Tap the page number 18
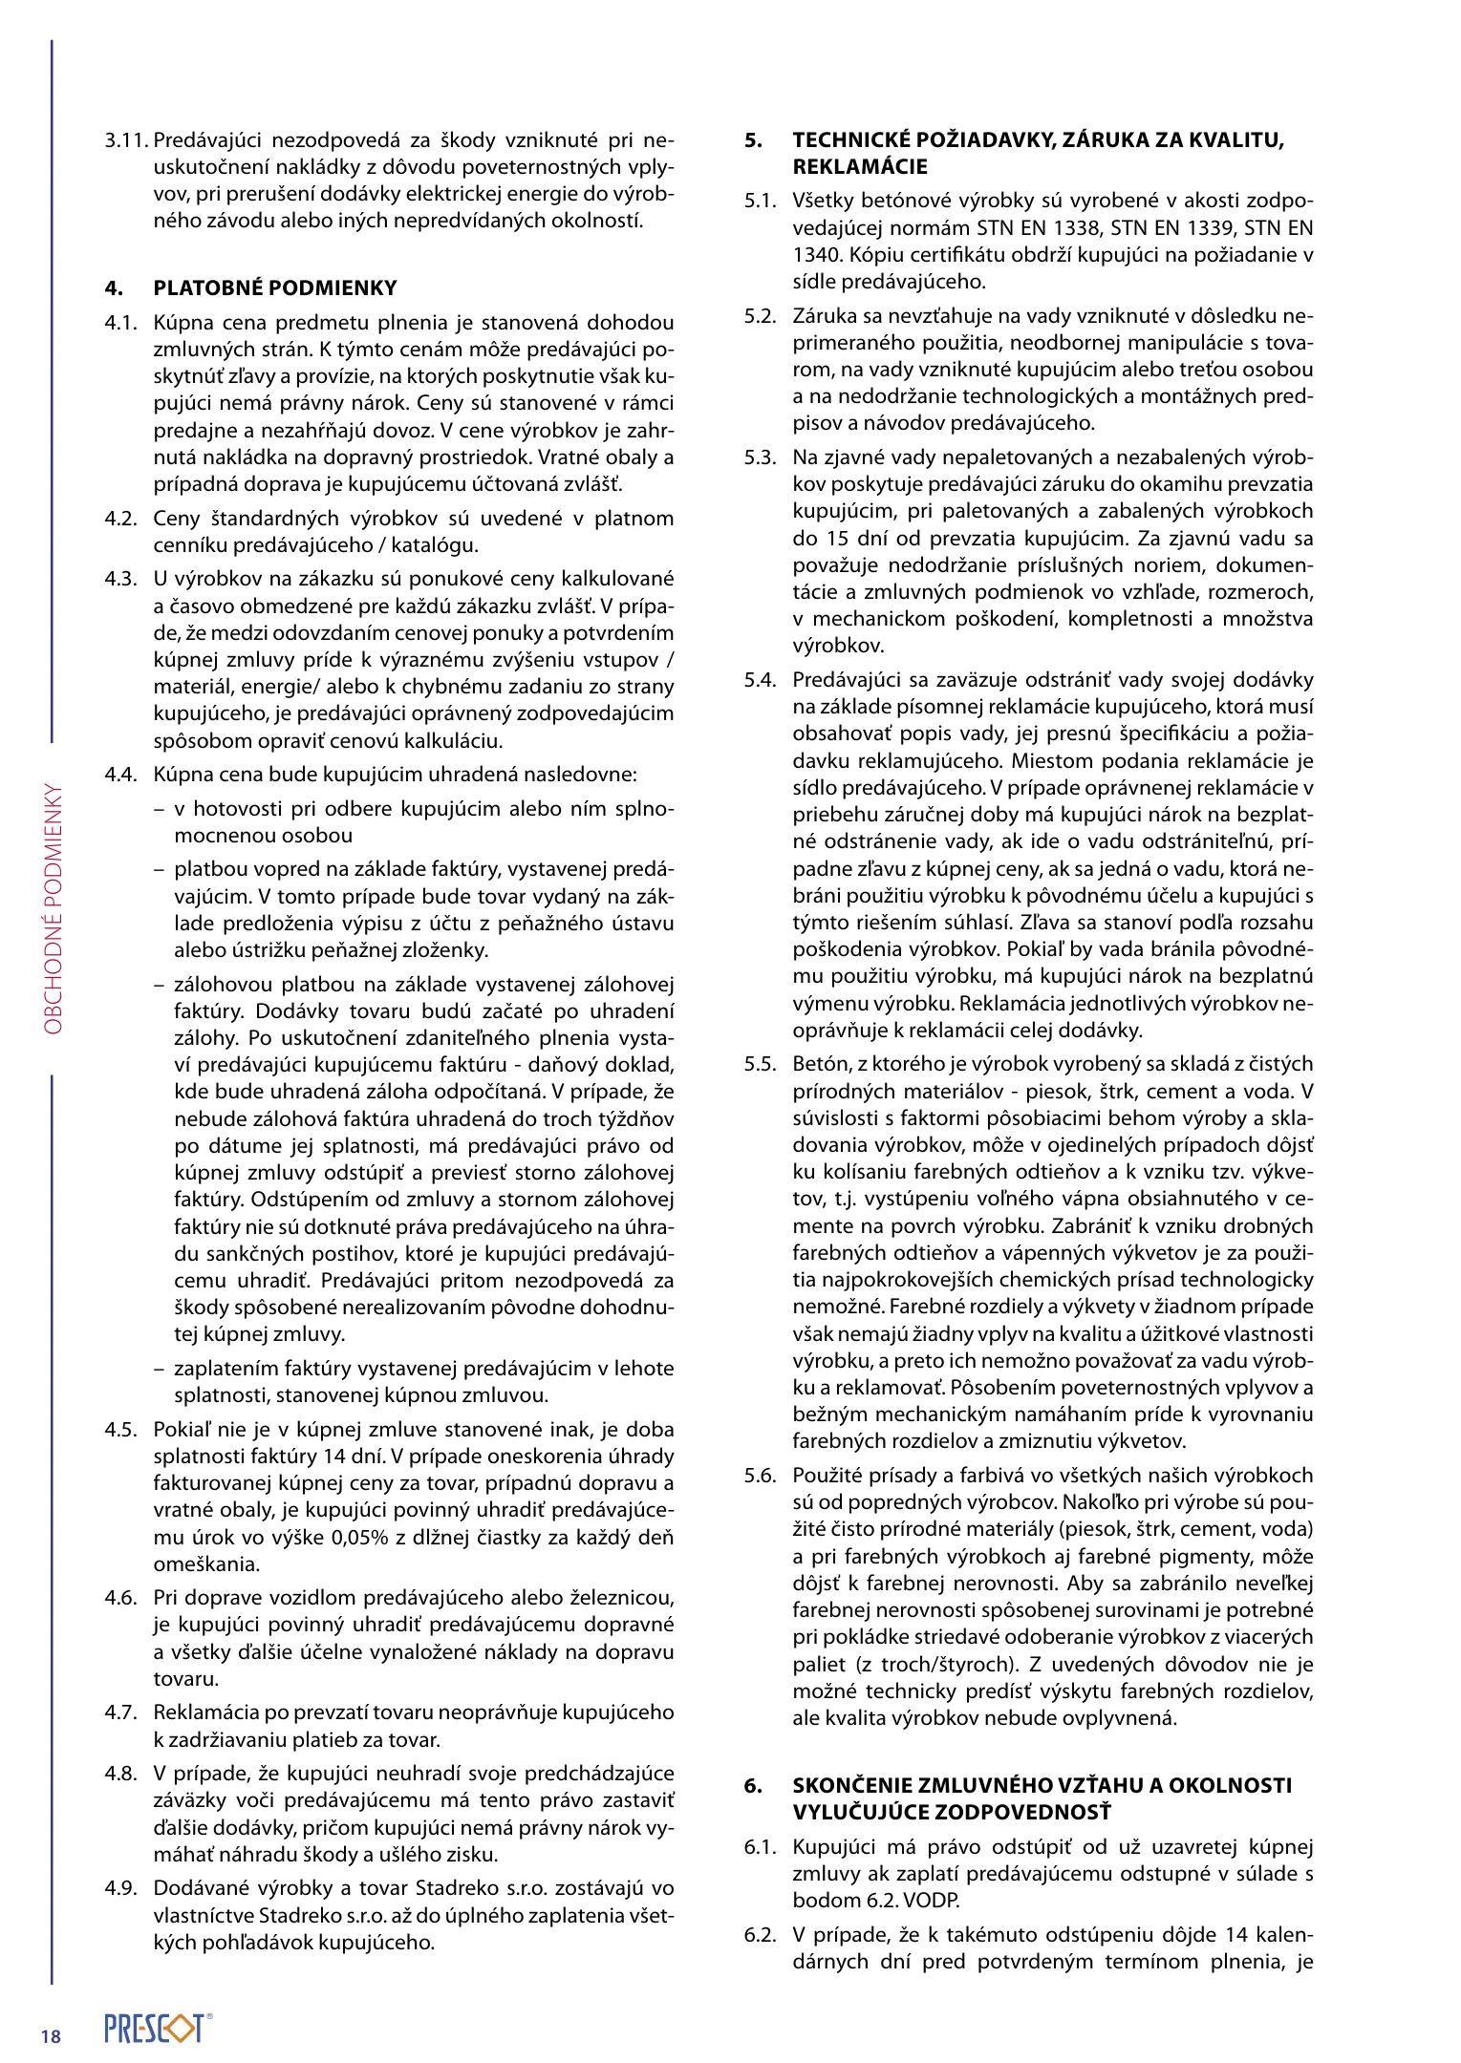coord(51,2036)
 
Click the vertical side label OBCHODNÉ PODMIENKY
coord(53,909)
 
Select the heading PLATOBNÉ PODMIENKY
coord(275,288)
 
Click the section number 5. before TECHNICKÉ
coord(754,140)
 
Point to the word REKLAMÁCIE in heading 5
coord(860,167)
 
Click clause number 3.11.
coord(126,140)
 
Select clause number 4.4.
coord(121,775)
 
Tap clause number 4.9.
coord(121,1888)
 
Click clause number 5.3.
coord(761,457)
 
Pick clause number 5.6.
coord(761,1476)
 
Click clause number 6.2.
coord(761,1935)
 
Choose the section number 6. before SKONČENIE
coord(754,1785)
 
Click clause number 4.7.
coord(121,1712)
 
